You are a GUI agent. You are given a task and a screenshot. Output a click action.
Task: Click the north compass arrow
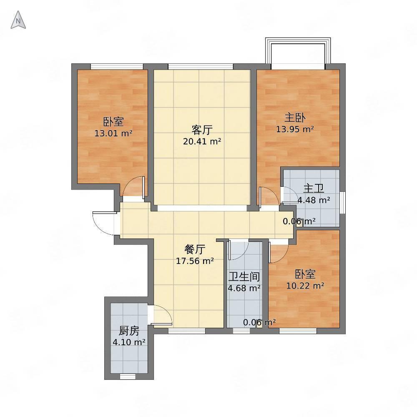pyautogui.click(x=18, y=20)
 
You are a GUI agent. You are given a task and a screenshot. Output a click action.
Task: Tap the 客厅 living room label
pyautogui.click(x=202, y=130)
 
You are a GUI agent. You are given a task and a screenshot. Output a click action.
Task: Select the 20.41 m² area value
pyautogui.click(x=202, y=141)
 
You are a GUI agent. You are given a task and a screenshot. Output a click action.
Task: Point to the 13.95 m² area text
pyautogui.click(x=295, y=129)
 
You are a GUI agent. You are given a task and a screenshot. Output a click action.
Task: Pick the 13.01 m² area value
pyautogui.click(x=113, y=133)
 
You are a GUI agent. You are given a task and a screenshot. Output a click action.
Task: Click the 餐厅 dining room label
pyautogui.click(x=195, y=249)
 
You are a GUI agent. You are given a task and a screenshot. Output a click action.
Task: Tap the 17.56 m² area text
pyautogui.click(x=195, y=261)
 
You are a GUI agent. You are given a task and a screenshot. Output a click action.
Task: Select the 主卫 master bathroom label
pyautogui.click(x=314, y=188)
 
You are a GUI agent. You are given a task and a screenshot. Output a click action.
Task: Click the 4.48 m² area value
pyautogui.click(x=314, y=200)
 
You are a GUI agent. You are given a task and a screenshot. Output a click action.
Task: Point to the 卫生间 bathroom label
pyautogui.click(x=244, y=276)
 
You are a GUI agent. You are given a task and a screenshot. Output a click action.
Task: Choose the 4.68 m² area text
pyautogui.click(x=244, y=288)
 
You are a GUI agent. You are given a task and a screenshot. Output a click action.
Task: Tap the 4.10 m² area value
pyautogui.click(x=129, y=342)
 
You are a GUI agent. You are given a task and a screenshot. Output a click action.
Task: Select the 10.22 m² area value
pyautogui.click(x=305, y=286)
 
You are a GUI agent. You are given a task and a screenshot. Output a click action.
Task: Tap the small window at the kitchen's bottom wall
pyautogui.click(x=128, y=376)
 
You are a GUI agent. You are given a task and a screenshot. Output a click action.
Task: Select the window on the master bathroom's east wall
pyautogui.click(x=343, y=202)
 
